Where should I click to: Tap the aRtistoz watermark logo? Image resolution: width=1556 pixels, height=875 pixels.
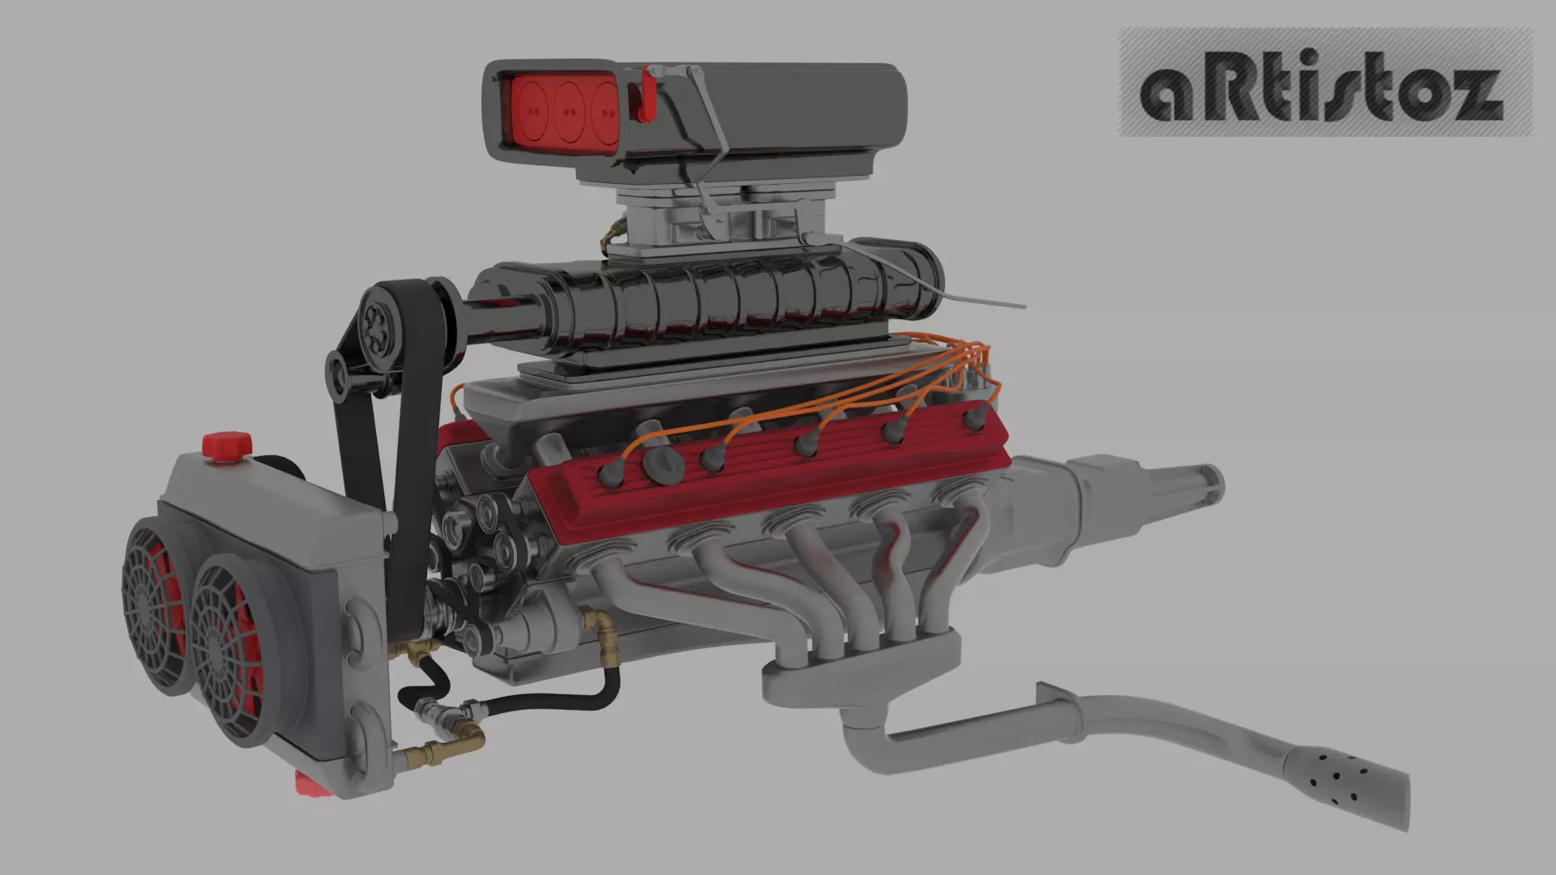tap(1324, 82)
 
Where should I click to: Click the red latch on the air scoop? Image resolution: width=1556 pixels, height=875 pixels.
tap(647, 96)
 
